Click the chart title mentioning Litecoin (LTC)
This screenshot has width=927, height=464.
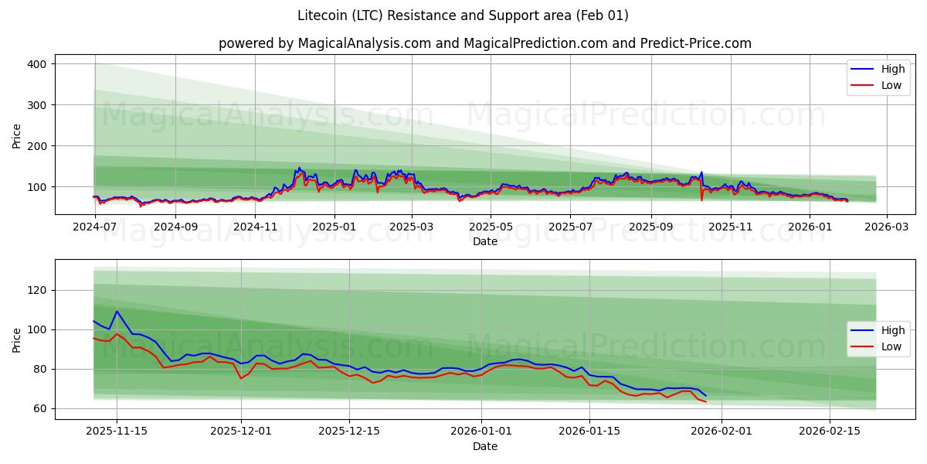[463, 15]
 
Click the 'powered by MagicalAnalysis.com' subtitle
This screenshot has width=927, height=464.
[484, 43]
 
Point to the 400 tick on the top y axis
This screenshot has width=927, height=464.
[37, 63]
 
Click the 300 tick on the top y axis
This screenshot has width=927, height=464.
[37, 104]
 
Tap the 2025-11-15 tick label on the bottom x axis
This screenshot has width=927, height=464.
[117, 431]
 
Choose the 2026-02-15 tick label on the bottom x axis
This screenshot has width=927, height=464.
[830, 431]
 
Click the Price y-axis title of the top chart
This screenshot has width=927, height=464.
[17, 135]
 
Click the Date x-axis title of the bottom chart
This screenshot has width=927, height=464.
[484, 446]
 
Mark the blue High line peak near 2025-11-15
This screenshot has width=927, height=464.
[117, 312]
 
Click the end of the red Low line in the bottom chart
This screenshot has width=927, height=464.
[705, 401]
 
